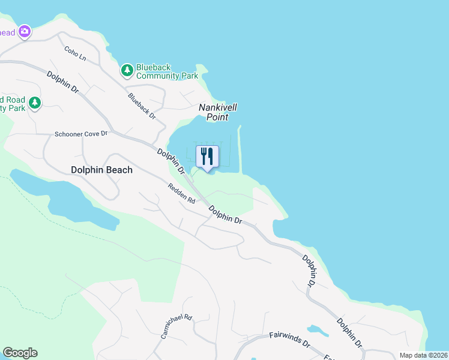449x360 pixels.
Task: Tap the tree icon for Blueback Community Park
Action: (127, 71)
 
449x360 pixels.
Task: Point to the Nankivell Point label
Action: (218, 112)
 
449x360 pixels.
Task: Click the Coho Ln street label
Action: (76, 52)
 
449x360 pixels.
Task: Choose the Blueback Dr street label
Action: (141, 106)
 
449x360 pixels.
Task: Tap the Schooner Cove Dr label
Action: (81, 134)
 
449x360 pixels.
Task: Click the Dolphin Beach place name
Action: (101, 170)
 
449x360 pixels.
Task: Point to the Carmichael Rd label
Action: (176, 326)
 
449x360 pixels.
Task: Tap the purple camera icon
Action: (24, 31)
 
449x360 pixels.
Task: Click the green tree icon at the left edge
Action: (35, 103)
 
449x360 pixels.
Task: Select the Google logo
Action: (20, 353)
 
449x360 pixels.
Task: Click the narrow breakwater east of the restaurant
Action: (240, 150)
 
